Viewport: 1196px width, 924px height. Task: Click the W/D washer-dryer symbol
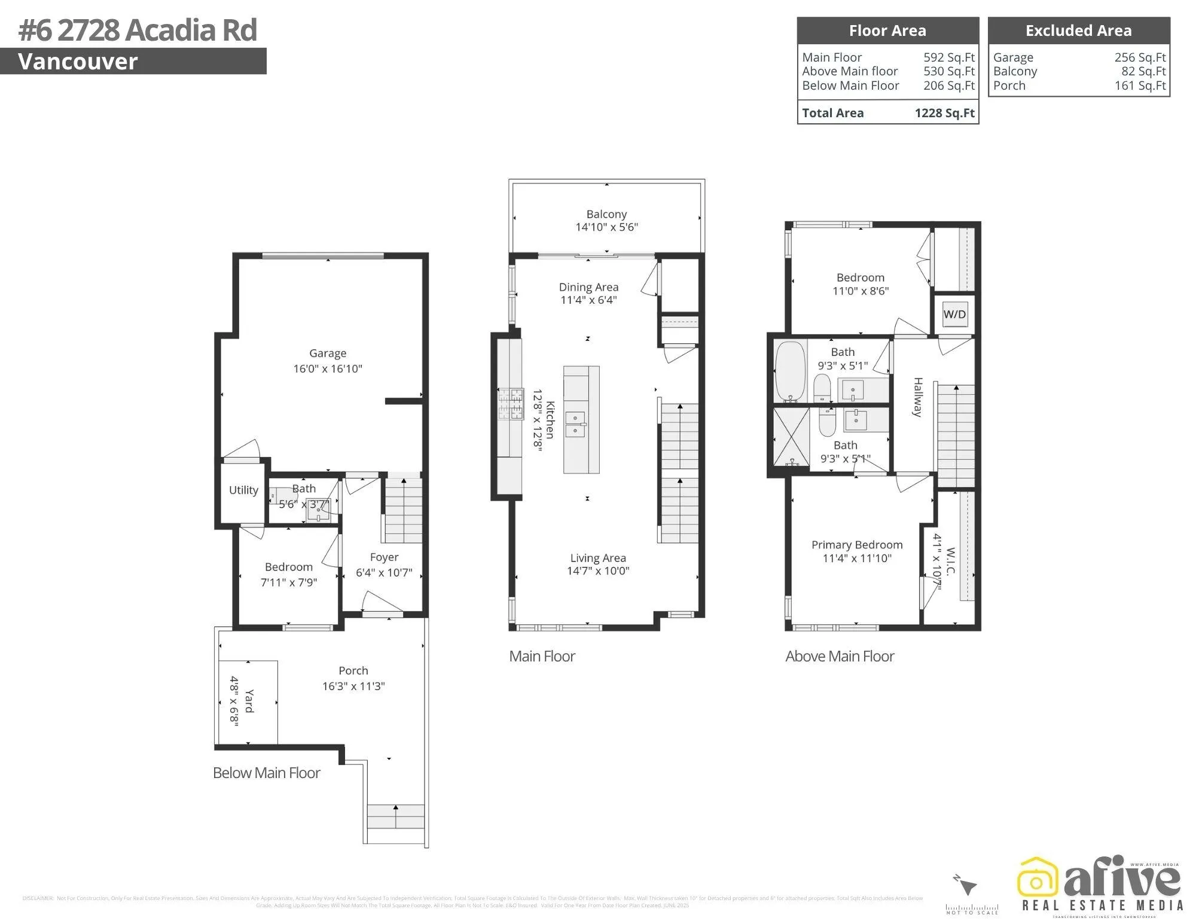coord(954,315)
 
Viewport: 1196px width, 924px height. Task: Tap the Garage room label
coord(328,353)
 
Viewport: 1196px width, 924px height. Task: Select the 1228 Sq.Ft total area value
coord(944,113)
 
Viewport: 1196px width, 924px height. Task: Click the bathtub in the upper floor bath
coord(790,370)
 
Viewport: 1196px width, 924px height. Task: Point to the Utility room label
coord(243,490)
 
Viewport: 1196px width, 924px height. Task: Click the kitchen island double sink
coord(575,424)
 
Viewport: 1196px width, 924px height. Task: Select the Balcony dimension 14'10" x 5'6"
coord(606,227)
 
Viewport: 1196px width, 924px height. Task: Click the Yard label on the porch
coord(249,700)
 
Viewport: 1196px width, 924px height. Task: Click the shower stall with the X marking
coord(791,440)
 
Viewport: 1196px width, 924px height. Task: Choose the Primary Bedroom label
coord(856,545)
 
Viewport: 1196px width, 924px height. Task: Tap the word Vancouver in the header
coord(78,62)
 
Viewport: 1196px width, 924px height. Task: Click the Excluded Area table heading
coord(1078,31)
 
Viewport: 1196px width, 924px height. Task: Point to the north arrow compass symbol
coord(966,885)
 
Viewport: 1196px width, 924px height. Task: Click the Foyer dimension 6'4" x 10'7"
coord(384,572)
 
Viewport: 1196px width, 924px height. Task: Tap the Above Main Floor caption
coord(840,656)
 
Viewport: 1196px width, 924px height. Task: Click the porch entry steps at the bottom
coord(396,816)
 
